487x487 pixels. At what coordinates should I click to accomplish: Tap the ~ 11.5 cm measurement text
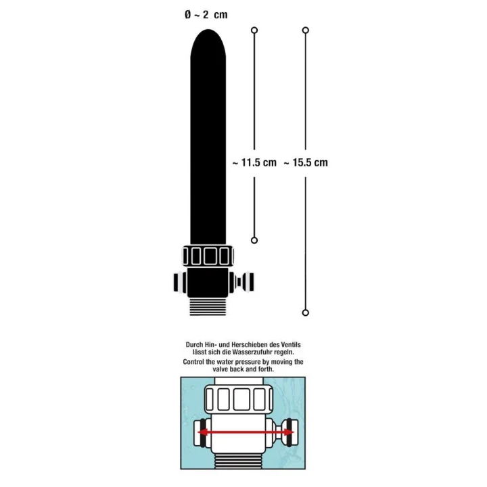254,162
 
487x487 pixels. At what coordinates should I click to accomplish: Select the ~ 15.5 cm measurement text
306,162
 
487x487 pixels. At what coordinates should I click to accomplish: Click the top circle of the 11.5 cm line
254,30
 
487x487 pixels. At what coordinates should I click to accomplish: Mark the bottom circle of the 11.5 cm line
254,240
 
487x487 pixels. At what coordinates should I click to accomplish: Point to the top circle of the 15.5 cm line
306,30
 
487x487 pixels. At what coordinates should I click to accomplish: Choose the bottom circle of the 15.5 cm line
306,312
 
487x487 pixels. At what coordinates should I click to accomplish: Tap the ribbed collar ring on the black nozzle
209,256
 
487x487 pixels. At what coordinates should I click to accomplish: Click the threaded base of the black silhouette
210,306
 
